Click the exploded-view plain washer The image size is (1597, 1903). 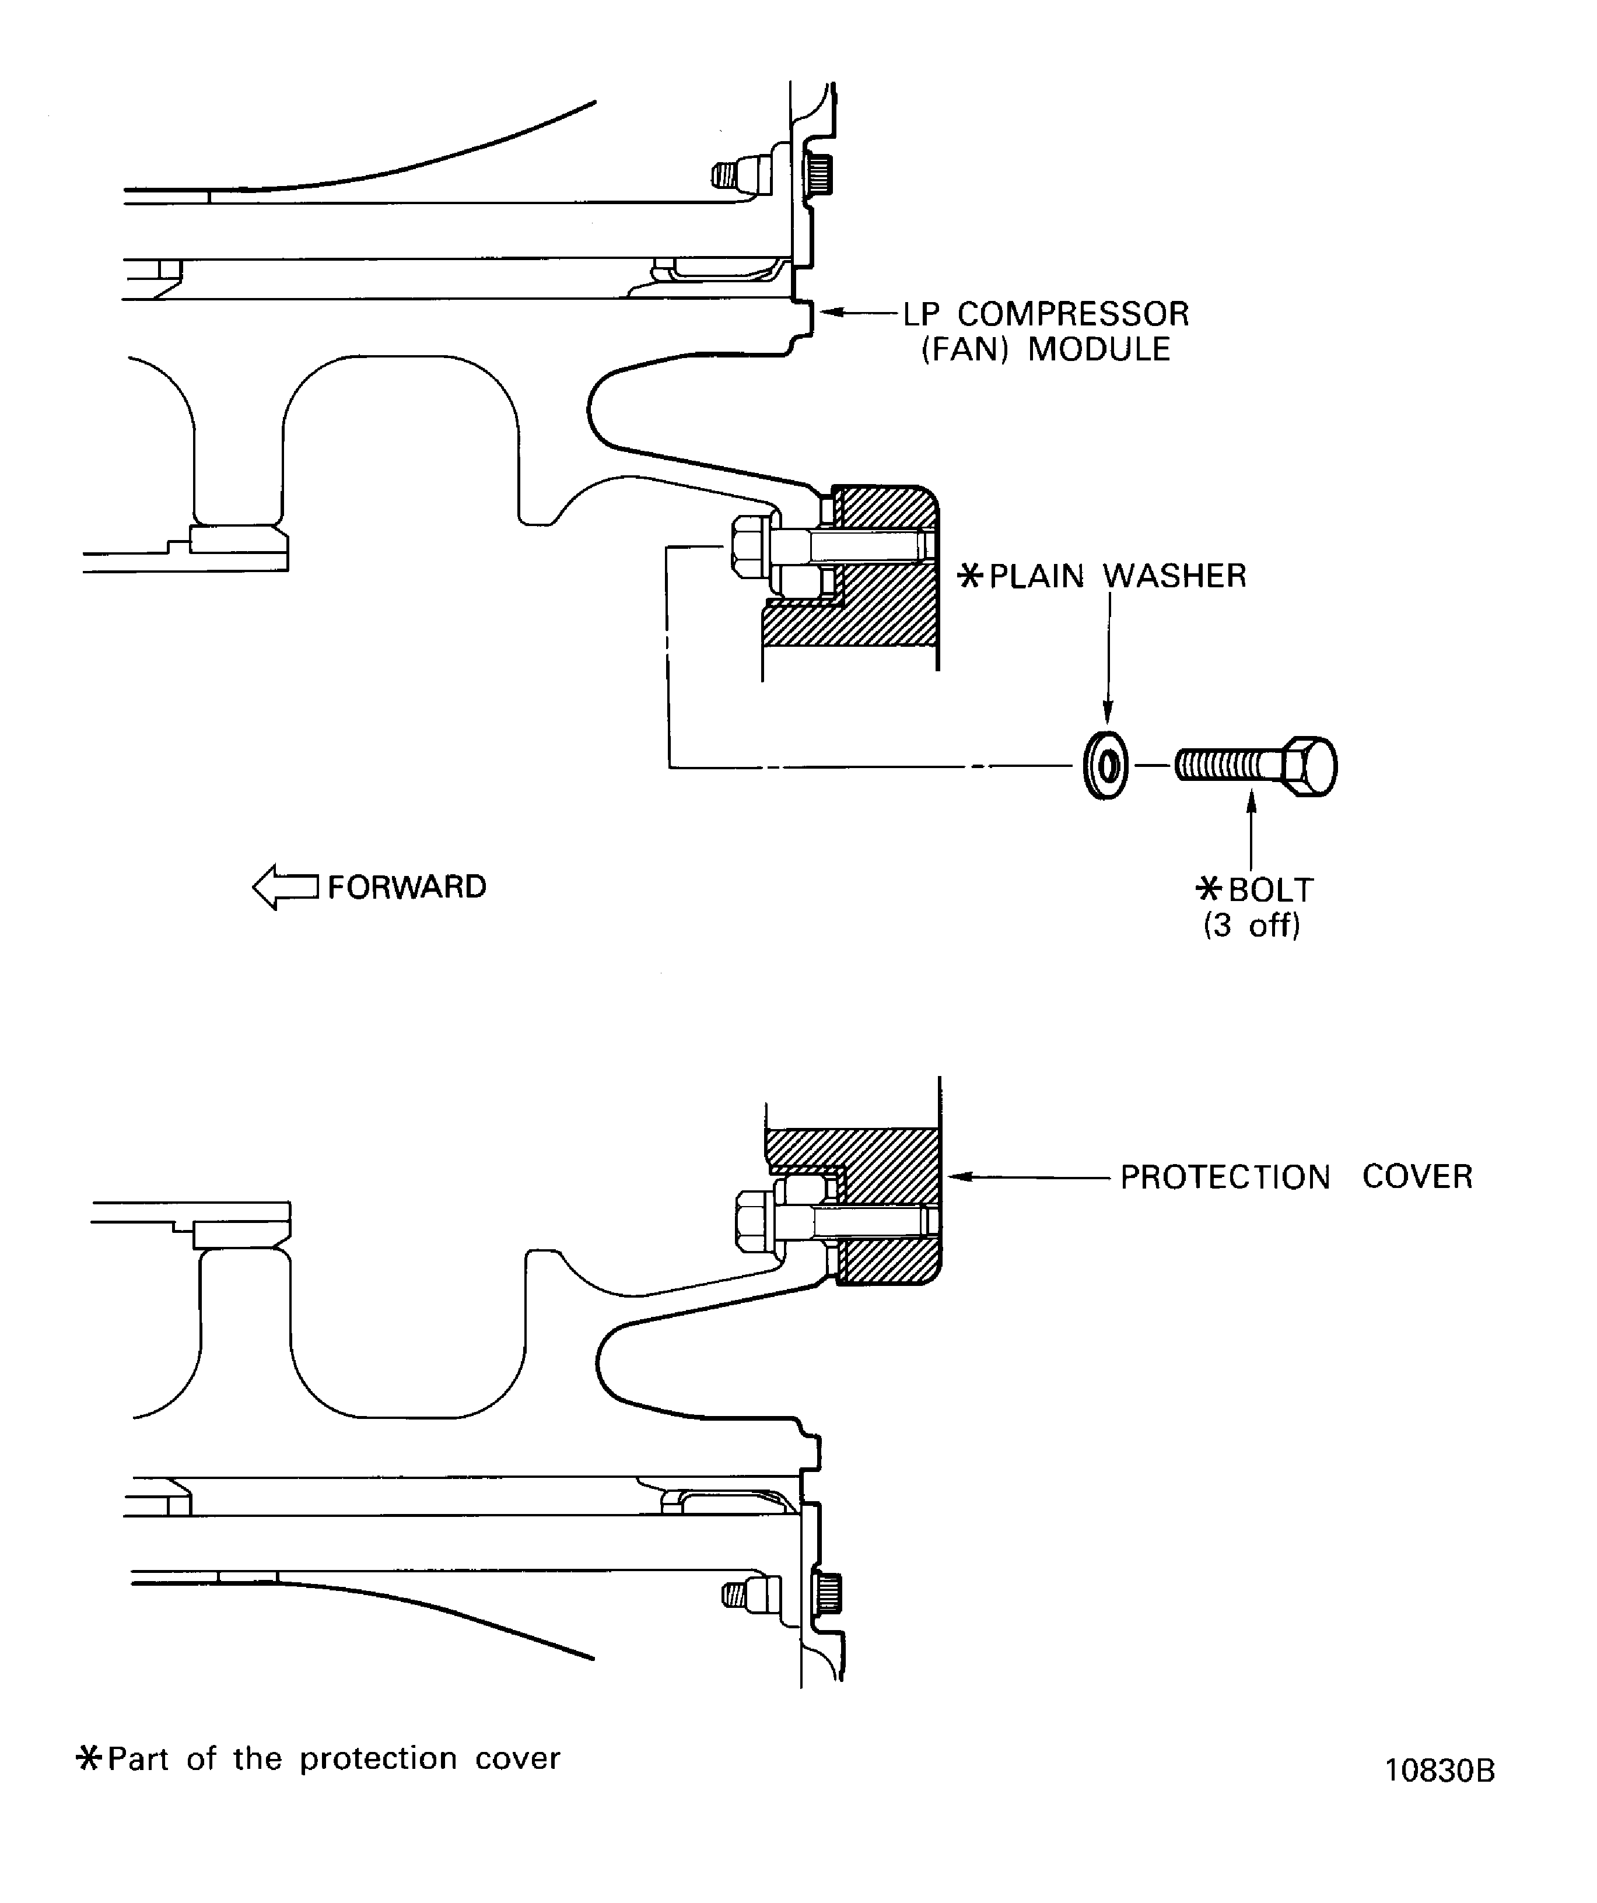coord(1106,767)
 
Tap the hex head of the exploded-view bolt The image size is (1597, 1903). coord(1309,767)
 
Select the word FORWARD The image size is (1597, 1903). coord(407,887)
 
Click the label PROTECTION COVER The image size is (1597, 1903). coord(1296,1177)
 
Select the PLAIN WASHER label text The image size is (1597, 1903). coord(1118,576)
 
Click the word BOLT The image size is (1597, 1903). coord(1271,890)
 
